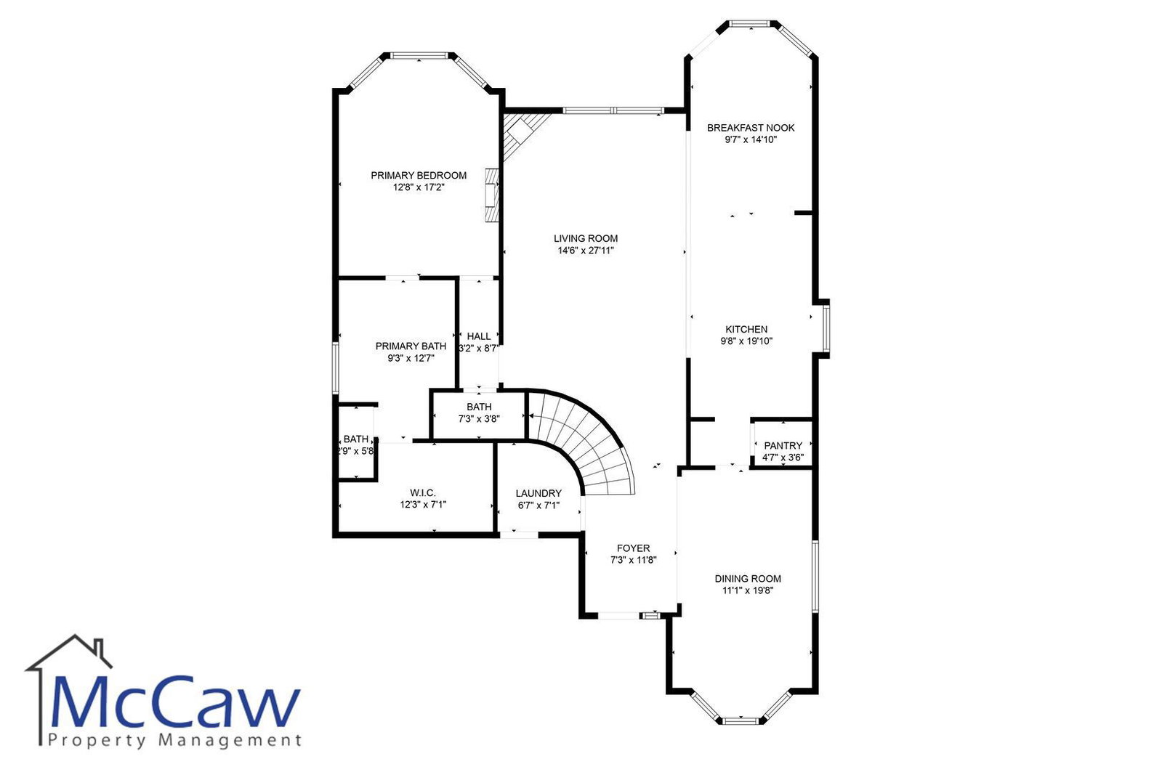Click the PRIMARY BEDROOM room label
click(418, 176)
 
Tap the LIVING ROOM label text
click(586, 238)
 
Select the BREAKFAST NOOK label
click(751, 128)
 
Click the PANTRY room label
click(783, 445)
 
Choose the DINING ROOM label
click(748, 579)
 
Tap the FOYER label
click(633, 548)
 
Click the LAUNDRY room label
click(538, 493)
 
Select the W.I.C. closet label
click(423, 492)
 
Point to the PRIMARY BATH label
click(411, 346)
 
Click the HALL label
click(478, 336)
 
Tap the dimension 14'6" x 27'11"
click(586, 251)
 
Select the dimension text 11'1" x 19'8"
click(748, 590)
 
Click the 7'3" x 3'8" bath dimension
click(478, 419)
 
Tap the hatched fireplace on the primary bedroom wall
click(492, 195)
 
